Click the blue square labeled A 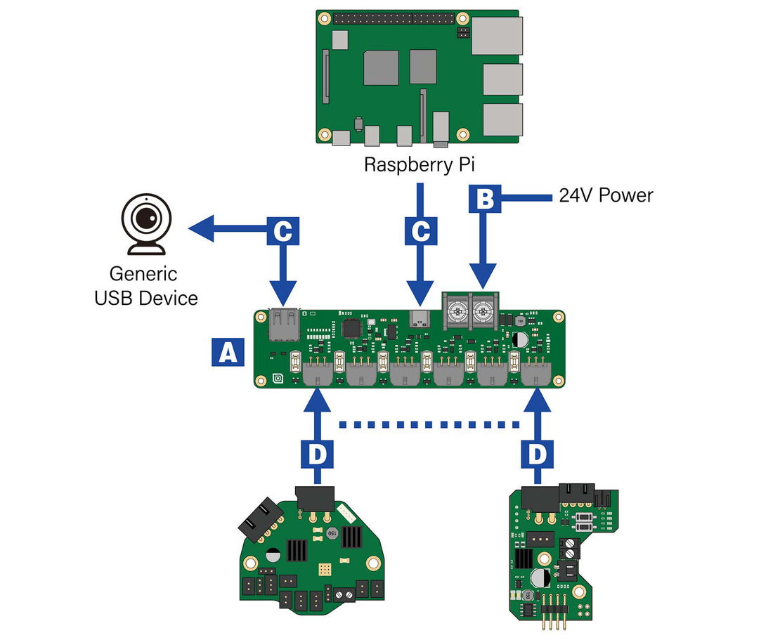[228, 352]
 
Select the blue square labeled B [485, 200]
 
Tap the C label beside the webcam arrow [282, 230]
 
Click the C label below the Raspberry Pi [420, 230]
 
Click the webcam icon [146, 223]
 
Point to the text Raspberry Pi [420, 164]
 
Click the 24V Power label [606, 195]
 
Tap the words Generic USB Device [146, 286]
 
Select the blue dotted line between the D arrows [429, 424]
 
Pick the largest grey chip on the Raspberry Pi [382, 67]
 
